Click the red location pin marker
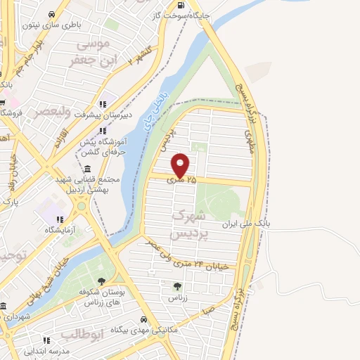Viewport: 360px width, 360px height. click(x=181, y=165)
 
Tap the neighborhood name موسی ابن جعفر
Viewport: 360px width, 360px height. click(x=90, y=53)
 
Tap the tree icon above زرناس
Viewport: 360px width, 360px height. click(x=177, y=285)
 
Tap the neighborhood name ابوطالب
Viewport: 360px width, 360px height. click(x=82, y=333)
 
